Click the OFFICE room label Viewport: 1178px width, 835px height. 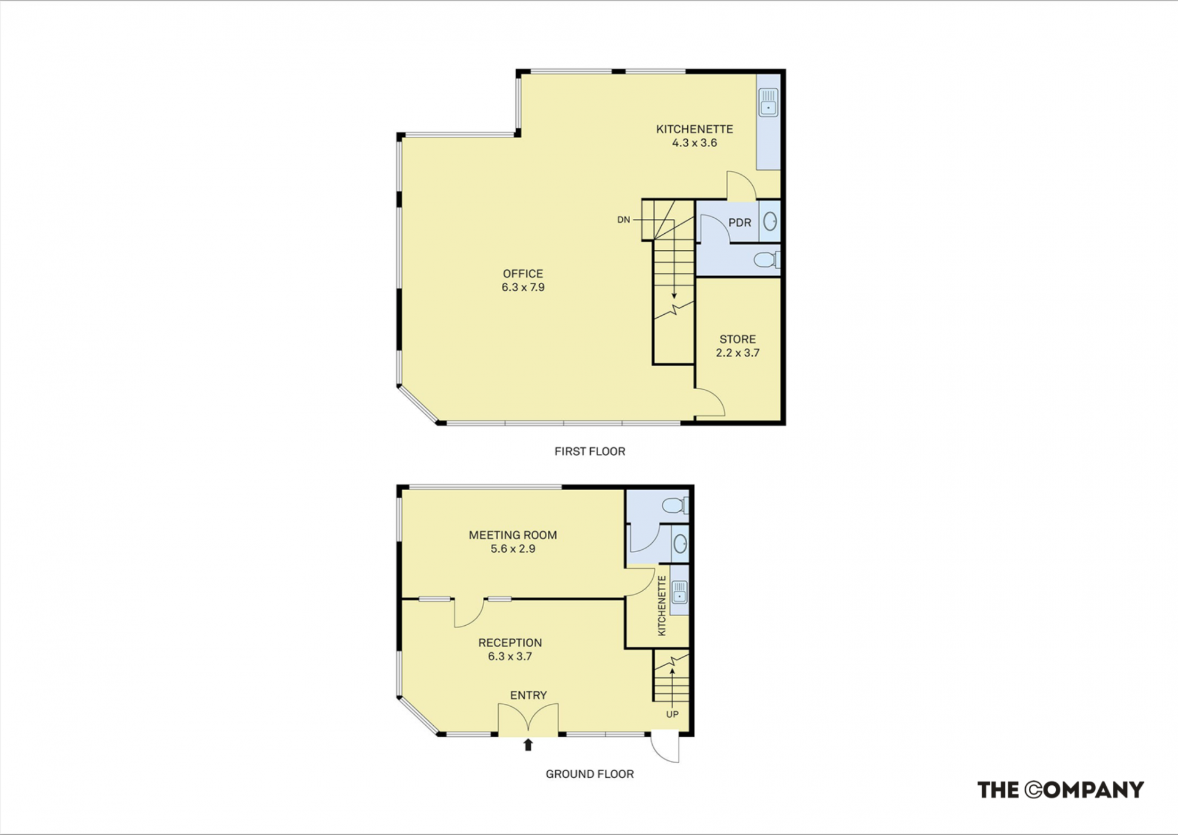pos(523,274)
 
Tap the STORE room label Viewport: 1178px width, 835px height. pos(737,339)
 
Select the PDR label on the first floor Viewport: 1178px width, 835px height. pos(740,223)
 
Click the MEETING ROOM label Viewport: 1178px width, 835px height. pos(513,535)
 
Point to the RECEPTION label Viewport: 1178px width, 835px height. pos(510,643)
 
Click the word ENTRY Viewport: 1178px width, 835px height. pos(528,695)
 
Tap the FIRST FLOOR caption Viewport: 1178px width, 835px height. pos(590,452)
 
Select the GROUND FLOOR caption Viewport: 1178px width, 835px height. pos(590,774)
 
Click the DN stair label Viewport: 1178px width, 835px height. pos(623,220)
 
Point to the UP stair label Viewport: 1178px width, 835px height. pos(672,714)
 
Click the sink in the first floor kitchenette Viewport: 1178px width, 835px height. pos(768,102)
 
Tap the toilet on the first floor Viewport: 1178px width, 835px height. pos(766,260)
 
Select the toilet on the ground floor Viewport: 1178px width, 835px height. pos(675,506)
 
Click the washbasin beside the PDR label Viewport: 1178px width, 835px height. pos(771,221)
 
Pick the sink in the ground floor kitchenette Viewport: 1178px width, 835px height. pos(679,593)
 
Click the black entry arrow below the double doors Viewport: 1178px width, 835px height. pos(528,745)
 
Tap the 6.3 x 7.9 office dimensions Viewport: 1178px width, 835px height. pos(523,287)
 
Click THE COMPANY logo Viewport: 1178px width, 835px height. pos(1060,790)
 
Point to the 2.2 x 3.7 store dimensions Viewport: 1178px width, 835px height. pos(737,353)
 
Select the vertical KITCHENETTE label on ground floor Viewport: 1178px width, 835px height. pos(661,606)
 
